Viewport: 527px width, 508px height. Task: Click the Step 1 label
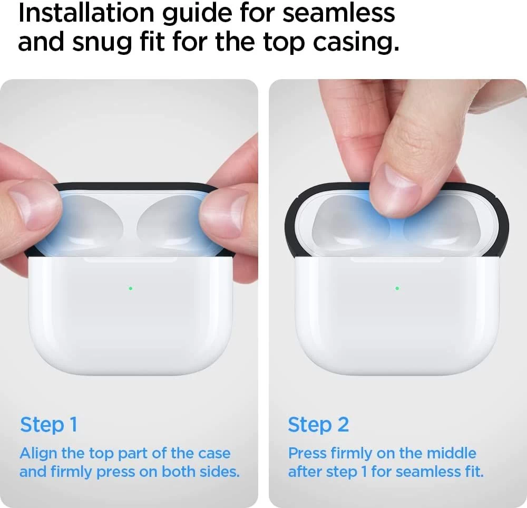click(x=48, y=425)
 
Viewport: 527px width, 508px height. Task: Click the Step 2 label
click(x=318, y=425)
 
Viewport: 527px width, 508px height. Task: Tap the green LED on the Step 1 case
click(x=130, y=289)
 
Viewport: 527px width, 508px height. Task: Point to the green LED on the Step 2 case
click(x=397, y=289)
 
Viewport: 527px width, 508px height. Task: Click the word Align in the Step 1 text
click(x=38, y=454)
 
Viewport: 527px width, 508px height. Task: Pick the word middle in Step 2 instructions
click(x=452, y=454)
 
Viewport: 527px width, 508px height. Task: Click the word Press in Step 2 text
click(x=308, y=454)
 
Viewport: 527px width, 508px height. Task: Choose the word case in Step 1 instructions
click(x=214, y=454)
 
